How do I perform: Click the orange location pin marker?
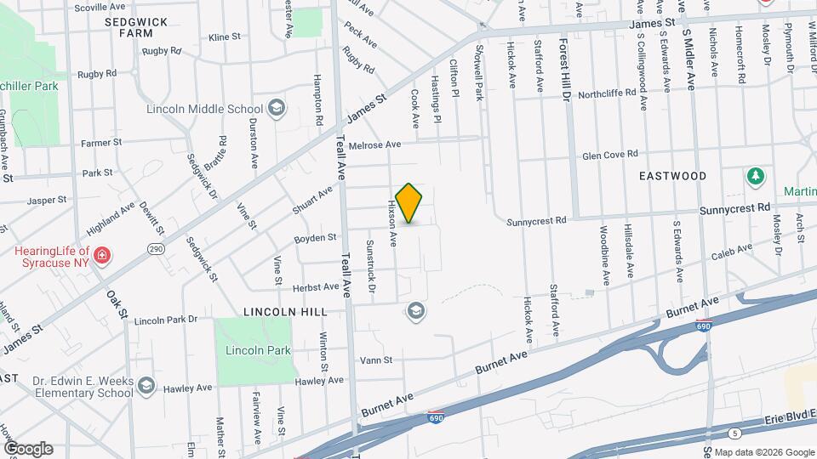tap(409, 202)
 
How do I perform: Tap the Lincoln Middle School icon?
tap(276, 108)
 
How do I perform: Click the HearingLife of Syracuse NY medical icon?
tap(101, 255)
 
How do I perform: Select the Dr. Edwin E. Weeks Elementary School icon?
tap(146, 387)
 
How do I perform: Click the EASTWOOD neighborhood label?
tap(673, 176)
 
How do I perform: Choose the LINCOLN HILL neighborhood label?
tap(284, 313)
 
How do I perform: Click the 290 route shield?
tap(155, 249)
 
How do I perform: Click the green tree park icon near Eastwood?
tap(754, 177)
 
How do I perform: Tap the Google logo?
tap(28, 449)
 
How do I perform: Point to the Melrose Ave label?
tap(380, 145)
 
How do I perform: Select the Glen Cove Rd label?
tap(609, 156)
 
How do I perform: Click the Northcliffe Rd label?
tap(607, 93)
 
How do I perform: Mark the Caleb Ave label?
tap(733, 252)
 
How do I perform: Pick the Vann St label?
tap(375, 360)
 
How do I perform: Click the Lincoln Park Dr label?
tap(165, 320)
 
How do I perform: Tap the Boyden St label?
tap(315, 239)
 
